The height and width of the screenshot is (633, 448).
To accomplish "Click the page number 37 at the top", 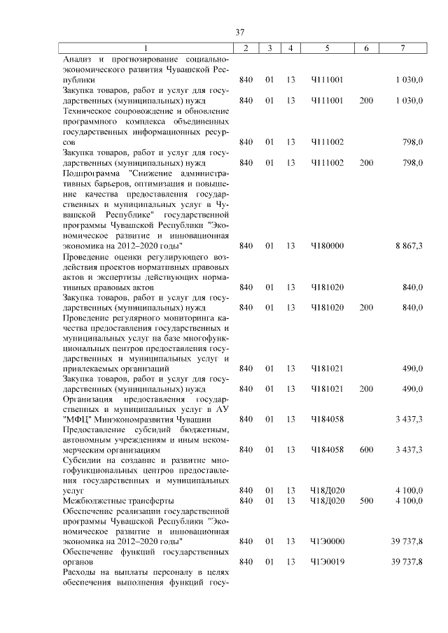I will (x=239, y=32).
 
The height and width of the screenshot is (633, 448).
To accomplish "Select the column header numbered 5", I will (x=327, y=48).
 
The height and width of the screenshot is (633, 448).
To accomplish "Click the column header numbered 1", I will (x=145, y=48).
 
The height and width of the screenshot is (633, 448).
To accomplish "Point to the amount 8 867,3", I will (x=409, y=246).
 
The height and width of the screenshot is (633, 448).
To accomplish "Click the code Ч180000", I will (x=327, y=246).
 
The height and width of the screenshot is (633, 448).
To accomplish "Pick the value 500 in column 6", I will (x=366, y=501).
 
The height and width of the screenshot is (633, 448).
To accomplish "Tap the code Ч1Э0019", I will (x=327, y=562).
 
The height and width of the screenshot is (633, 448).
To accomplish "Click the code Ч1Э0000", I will (x=327, y=541).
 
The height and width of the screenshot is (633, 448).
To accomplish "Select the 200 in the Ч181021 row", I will (x=366, y=388).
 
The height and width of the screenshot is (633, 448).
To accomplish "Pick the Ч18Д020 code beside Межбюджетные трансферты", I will (x=327, y=501).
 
